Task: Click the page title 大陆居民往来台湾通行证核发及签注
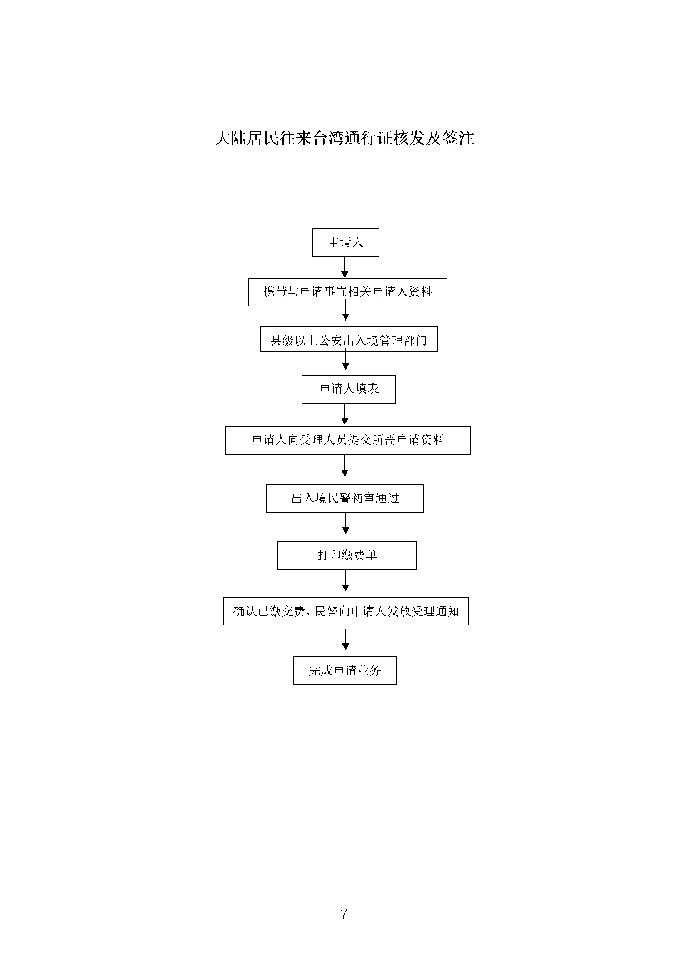(x=344, y=138)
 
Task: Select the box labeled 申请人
(x=345, y=242)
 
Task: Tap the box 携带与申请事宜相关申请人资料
(x=347, y=292)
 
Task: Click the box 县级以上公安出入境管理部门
(x=349, y=339)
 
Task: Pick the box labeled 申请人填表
(x=349, y=389)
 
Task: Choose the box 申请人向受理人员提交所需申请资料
(x=348, y=440)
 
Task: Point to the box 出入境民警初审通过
(x=345, y=498)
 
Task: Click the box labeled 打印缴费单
(x=347, y=556)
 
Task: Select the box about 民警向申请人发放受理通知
(x=346, y=611)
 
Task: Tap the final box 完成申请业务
(x=345, y=670)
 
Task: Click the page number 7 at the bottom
(x=344, y=913)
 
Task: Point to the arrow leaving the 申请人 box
(x=345, y=267)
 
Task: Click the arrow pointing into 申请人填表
(x=345, y=361)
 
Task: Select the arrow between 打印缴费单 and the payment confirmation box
(x=345, y=581)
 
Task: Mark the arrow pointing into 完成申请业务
(x=345, y=640)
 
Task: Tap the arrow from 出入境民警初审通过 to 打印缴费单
(x=345, y=523)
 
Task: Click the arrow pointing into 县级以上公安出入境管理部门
(x=346, y=310)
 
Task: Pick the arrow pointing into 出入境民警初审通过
(x=345, y=466)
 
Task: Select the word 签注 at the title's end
(x=458, y=138)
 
